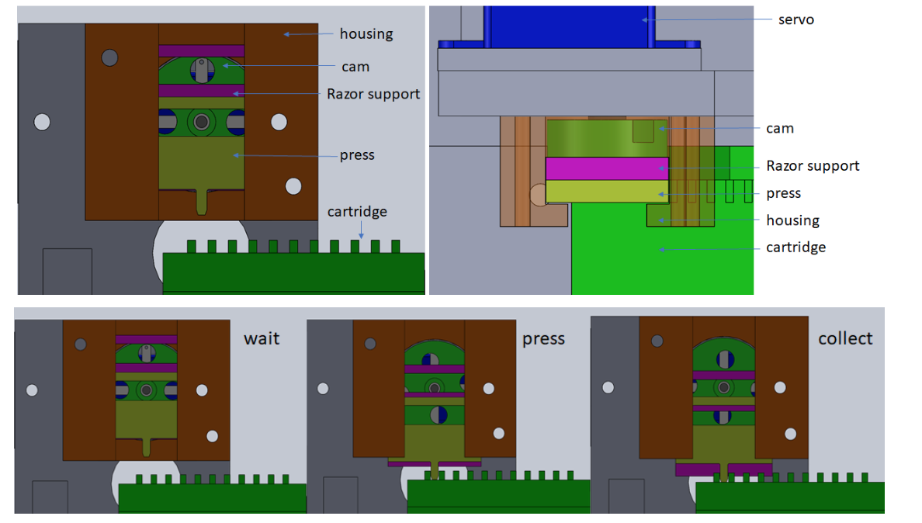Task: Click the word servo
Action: point(796,19)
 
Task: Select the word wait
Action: point(262,338)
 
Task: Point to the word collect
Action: point(845,338)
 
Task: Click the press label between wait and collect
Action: point(543,338)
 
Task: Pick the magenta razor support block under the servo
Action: point(606,168)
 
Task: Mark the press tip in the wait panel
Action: point(147,446)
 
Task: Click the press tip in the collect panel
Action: point(723,470)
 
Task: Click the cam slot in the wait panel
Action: point(146,354)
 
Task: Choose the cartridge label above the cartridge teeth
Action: point(357,211)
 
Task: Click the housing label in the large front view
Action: point(366,33)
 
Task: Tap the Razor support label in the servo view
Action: point(813,165)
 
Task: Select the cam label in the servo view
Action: point(780,128)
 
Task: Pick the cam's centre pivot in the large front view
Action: point(202,121)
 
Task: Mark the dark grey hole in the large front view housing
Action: point(109,57)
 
